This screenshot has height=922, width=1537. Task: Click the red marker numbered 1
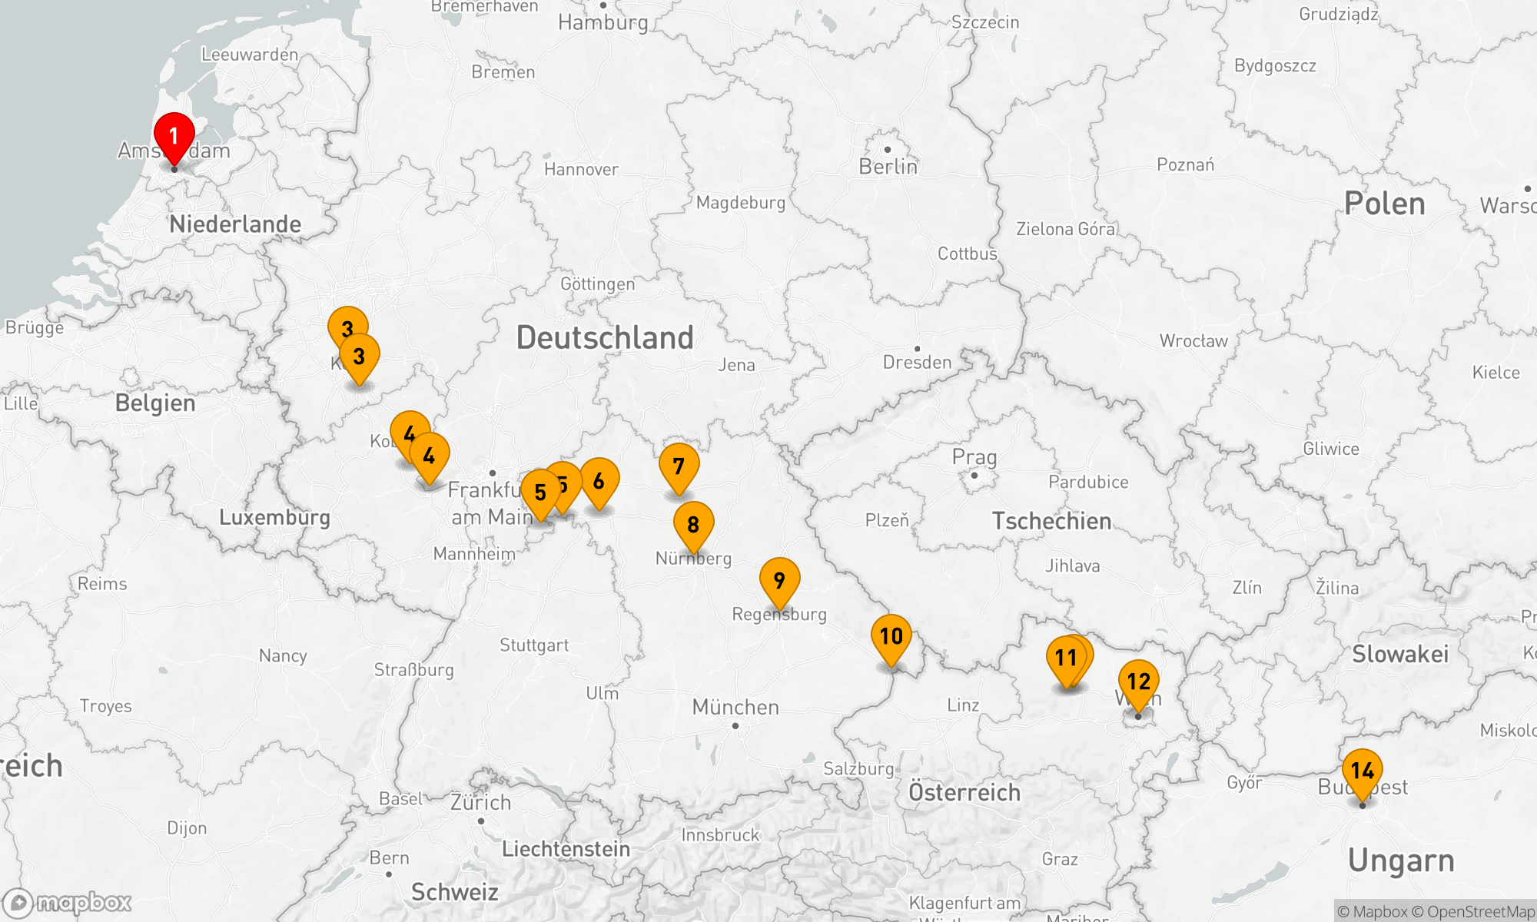pyautogui.click(x=174, y=137)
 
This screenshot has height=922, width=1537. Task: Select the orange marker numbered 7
pyautogui.click(x=679, y=466)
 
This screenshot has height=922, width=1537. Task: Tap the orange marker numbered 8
pyautogui.click(x=693, y=525)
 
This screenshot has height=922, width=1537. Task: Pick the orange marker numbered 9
pyautogui.click(x=779, y=581)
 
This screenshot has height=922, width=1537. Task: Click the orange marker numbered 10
pyautogui.click(x=891, y=637)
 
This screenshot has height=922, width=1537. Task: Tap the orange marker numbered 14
pyautogui.click(x=1362, y=771)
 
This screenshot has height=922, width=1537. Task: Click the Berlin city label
pyautogui.click(x=888, y=167)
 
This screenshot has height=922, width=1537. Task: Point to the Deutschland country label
pyautogui.click(x=605, y=338)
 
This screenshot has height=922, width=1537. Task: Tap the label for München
pyautogui.click(x=735, y=707)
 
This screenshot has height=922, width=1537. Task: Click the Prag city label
pyautogui.click(x=974, y=457)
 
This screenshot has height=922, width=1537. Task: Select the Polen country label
pyautogui.click(x=1384, y=204)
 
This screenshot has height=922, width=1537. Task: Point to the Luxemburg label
pyautogui.click(x=274, y=517)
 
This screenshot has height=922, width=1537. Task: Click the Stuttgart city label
pyautogui.click(x=534, y=645)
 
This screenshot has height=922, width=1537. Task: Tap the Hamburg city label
pyautogui.click(x=603, y=22)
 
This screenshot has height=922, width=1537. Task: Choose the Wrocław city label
pyautogui.click(x=1193, y=341)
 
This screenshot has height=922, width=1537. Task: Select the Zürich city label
pyautogui.click(x=480, y=803)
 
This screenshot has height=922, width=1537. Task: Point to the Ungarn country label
pyautogui.click(x=1400, y=861)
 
